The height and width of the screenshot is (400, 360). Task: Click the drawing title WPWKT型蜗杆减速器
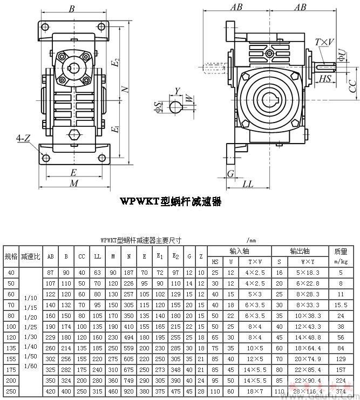(171, 201)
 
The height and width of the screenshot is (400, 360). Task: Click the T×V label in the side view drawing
(324, 42)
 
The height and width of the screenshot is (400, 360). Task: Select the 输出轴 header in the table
(300, 251)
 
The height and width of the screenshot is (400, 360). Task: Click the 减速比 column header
(30, 256)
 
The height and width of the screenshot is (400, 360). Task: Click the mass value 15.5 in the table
(341, 305)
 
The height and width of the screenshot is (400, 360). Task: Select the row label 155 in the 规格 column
(10, 359)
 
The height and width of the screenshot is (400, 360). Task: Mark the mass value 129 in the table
(341, 359)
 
